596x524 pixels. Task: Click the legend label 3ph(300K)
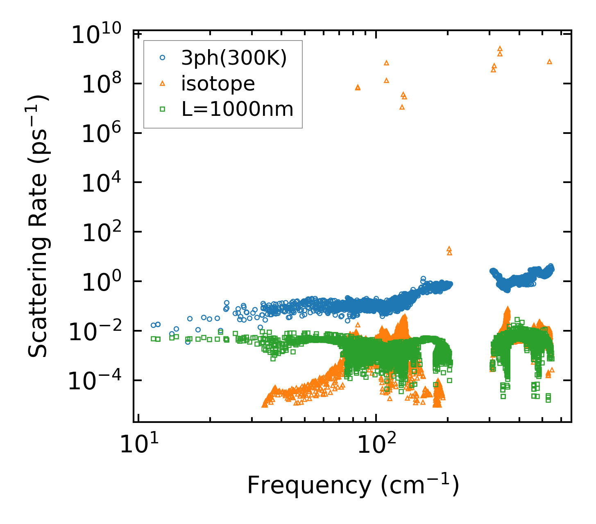pyautogui.click(x=234, y=59)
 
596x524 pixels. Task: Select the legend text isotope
pyautogui.click(x=218, y=84)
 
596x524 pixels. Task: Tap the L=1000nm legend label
pyautogui.click(x=237, y=109)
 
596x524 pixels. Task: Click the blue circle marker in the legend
pyautogui.click(x=162, y=58)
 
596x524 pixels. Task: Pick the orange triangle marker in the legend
pyautogui.click(x=162, y=84)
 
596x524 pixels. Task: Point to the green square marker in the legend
pyautogui.click(x=162, y=109)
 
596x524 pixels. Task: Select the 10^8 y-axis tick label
pyautogui.click(x=100, y=84)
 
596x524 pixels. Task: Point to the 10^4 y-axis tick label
pyautogui.click(x=100, y=183)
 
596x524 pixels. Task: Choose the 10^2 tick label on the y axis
pyautogui.click(x=100, y=232)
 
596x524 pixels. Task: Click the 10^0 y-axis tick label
pyautogui.click(x=100, y=282)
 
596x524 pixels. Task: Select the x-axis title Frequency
pyautogui.click(x=352, y=486)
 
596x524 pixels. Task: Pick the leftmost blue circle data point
pyautogui.click(x=153, y=325)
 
